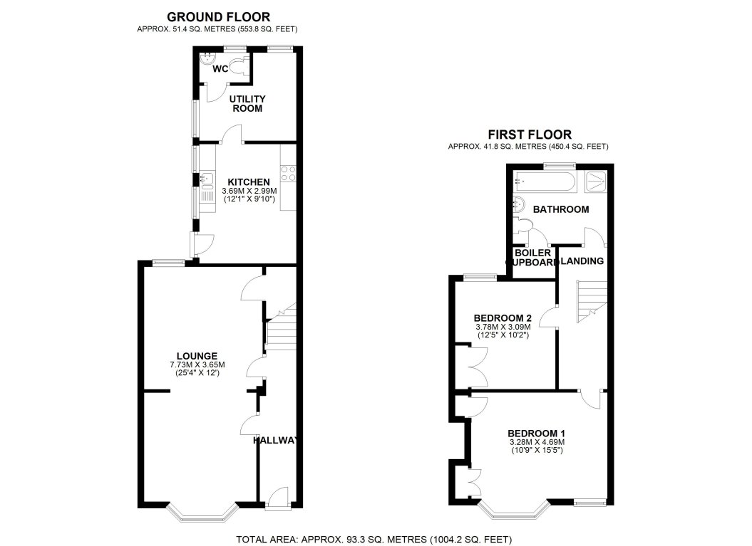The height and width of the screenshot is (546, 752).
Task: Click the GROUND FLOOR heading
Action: point(218,17)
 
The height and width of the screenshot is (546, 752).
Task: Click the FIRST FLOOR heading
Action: point(530,135)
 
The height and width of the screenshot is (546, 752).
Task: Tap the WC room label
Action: point(220,69)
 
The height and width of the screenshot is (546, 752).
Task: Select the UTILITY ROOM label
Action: point(247,103)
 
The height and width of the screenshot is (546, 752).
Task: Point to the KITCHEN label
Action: point(249,182)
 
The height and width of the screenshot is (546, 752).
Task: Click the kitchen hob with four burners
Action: point(288,173)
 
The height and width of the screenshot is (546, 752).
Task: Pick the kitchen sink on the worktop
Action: point(207,179)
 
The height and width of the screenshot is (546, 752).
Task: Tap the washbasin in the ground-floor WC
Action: point(207,59)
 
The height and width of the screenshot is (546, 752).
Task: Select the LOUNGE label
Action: point(197,357)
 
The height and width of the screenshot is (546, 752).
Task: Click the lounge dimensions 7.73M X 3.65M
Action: point(197,364)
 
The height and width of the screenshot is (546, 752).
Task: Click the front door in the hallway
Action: point(278,497)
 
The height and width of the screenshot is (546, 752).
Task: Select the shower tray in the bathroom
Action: point(595,182)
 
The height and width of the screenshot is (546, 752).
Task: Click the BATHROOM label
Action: point(561,209)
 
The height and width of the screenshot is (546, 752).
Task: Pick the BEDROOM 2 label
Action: point(502,318)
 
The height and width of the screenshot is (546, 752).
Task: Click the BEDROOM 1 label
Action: point(536,434)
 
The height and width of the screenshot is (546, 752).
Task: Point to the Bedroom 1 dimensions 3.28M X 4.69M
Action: point(536,442)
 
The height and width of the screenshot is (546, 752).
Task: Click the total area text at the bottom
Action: point(374,540)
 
